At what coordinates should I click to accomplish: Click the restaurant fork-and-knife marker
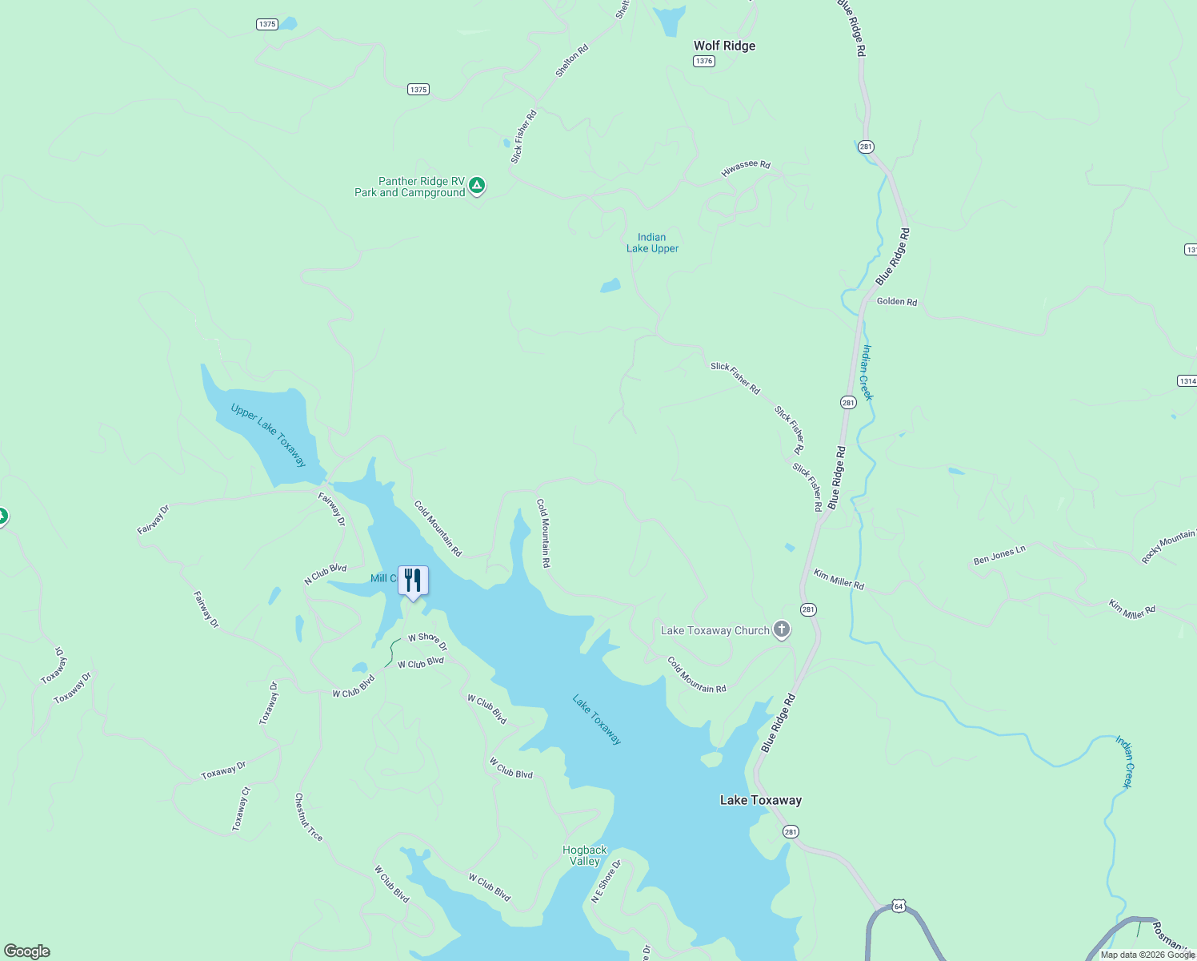click(x=413, y=581)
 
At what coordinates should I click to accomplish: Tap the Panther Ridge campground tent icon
click(x=477, y=186)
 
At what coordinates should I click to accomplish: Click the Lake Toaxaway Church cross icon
click(x=782, y=630)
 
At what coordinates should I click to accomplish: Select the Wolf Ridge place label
click(x=724, y=46)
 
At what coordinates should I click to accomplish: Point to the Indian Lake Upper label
click(x=652, y=243)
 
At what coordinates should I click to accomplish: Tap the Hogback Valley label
click(x=585, y=855)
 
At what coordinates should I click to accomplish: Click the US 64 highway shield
click(x=899, y=907)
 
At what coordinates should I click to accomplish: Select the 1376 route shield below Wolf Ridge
click(x=704, y=62)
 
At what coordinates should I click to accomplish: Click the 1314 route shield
click(x=1187, y=381)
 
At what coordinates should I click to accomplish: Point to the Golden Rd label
click(x=897, y=302)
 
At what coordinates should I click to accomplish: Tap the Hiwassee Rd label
click(x=746, y=168)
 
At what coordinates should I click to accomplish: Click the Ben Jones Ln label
click(x=999, y=555)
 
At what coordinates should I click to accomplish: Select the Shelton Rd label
click(x=572, y=60)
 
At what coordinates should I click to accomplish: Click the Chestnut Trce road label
click(x=309, y=817)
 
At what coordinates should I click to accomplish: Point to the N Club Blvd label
click(x=326, y=573)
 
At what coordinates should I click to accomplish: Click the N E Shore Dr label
click(x=606, y=882)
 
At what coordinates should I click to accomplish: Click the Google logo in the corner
click(x=27, y=951)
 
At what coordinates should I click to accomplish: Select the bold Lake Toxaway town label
click(x=760, y=800)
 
